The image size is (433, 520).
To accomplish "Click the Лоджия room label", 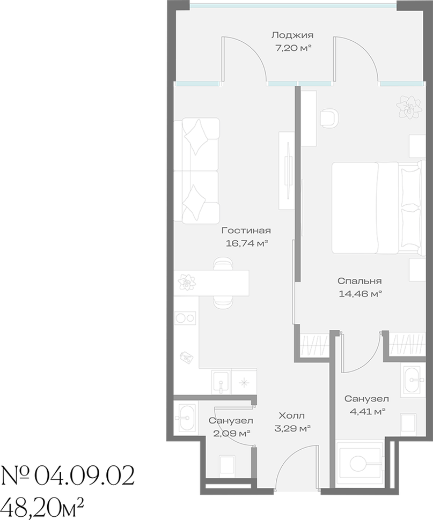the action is [x=292, y=35].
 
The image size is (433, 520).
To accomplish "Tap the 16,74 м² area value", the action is [x=246, y=243].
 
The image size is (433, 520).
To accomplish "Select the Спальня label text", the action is [x=359, y=281].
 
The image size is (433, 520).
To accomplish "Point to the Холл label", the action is [x=291, y=415].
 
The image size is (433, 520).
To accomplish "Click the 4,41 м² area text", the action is [x=368, y=412].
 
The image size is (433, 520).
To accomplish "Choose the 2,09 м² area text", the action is [x=232, y=433].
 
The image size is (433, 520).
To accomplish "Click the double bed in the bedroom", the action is [x=379, y=208].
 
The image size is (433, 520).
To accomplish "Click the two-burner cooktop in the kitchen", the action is [x=185, y=318].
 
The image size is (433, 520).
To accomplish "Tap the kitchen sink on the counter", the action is [x=221, y=382].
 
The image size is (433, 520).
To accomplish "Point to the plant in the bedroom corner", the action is [x=406, y=107].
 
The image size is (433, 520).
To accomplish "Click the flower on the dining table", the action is [x=187, y=283].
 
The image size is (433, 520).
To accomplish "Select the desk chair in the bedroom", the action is [x=329, y=118].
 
